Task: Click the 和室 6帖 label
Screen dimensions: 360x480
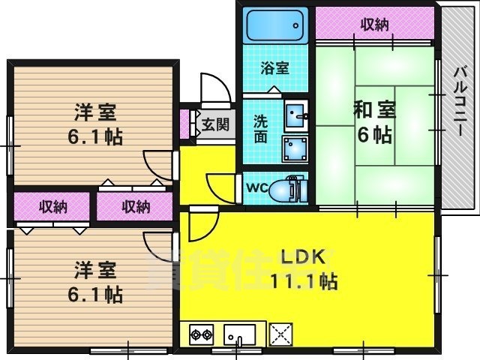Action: pyautogui.click(x=373, y=122)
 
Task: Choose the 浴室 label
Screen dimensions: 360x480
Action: pyautogui.click(x=275, y=68)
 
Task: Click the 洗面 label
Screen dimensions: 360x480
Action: pyautogui.click(x=261, y=128)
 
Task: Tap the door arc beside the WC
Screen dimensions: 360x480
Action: pyautogui.click(x=223, y=186)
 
